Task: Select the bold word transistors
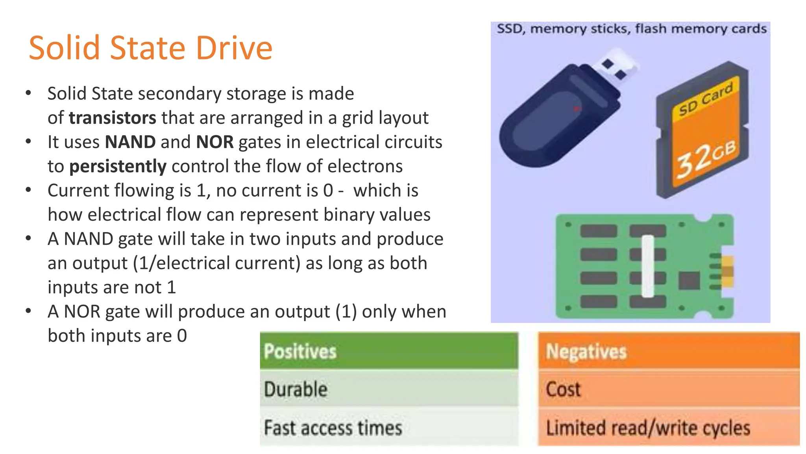coord(113,118)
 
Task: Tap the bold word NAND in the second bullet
coord(130,142)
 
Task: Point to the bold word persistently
coord(118,167)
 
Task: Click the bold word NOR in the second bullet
coord(215,142)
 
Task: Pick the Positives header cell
coord(389,351)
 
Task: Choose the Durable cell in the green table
coord(389,389)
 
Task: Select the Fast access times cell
coord(389,428)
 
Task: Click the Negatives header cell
coord(669,351)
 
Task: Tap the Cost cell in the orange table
coord(669,389)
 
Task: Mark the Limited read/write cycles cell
coord(669,428)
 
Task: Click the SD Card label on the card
coord(706,99)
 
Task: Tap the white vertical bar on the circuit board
coord(647,266)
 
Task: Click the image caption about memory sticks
coord(631,29)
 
